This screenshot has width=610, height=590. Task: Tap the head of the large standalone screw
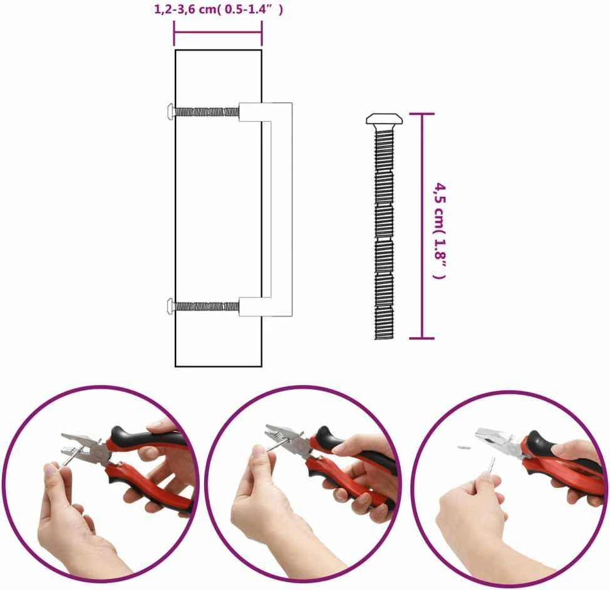385,119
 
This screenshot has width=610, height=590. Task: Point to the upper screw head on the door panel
170,112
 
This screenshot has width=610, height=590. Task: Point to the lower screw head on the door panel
170,306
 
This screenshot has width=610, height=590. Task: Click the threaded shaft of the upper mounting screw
207,112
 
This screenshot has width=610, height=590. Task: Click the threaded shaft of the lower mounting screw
207,307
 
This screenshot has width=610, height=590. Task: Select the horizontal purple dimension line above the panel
218,33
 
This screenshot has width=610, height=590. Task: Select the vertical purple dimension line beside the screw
421,226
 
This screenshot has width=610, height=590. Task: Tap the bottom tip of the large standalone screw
385,338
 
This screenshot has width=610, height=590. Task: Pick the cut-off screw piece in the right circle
463,447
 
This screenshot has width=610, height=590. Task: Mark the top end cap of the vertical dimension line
421,113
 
